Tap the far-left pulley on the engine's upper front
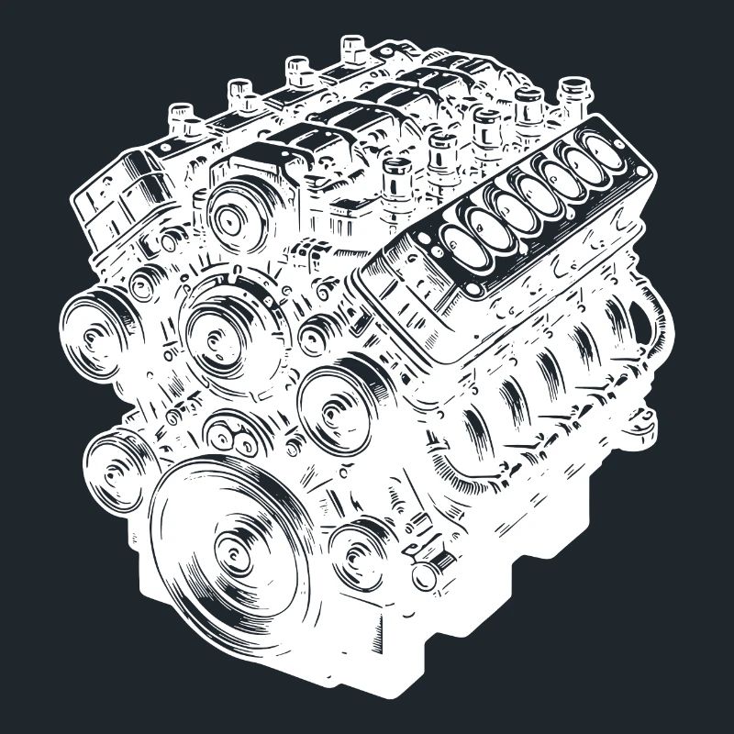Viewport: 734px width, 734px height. click(95, 331)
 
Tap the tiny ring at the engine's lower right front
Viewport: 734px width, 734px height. click(423, 576)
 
